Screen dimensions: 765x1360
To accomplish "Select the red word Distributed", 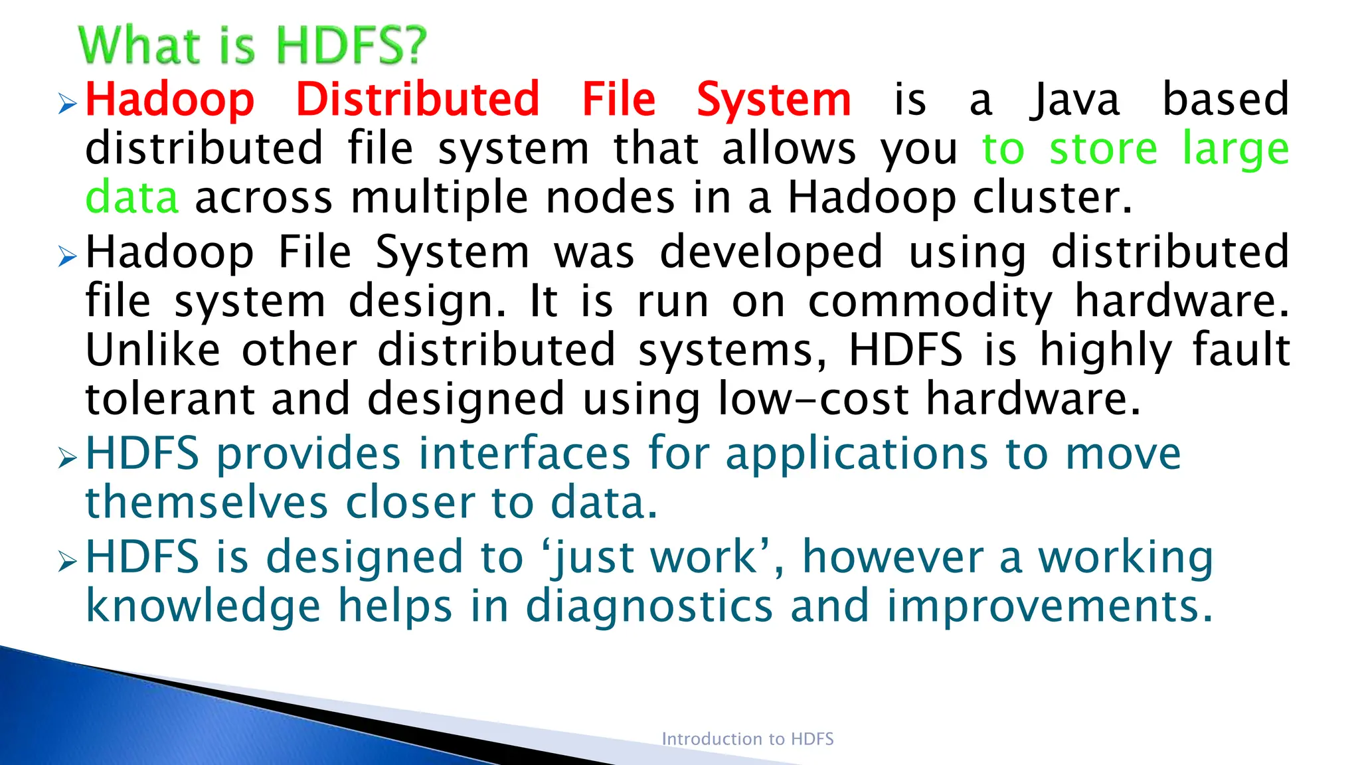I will [x=417, y=100].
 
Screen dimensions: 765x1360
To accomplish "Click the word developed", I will [x=771, y=252].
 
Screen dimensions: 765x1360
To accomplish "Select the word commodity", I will [x=930, y=302].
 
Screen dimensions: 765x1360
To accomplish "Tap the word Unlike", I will [x=153, y=350].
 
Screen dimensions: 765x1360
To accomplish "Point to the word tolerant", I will [x=170, y=399].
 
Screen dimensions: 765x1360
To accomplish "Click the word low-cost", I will [x=813, y=399].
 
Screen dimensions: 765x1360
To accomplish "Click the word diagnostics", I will [x=649, y=606].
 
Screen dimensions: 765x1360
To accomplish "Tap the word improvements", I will [x=1050, y=606].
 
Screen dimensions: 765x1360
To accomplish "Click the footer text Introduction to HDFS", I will [x=747, y=739].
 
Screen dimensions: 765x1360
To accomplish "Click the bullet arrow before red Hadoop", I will [x=68, y=104].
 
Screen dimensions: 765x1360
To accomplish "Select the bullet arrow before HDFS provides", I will [x=68, y=458].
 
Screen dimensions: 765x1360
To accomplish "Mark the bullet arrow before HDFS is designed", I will [x=68, y=561].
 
